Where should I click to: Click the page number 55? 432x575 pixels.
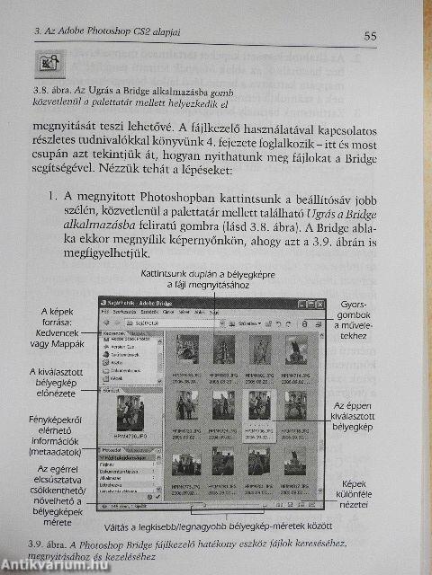[370, 36]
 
